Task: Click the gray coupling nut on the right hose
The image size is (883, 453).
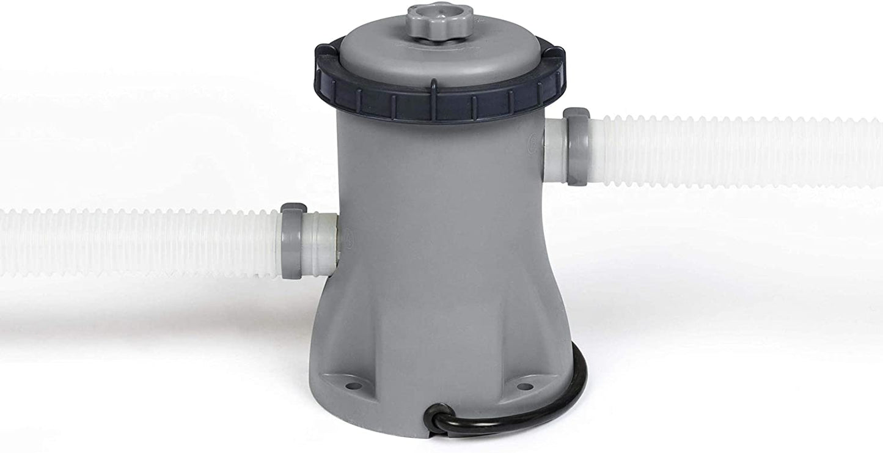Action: point(576,146)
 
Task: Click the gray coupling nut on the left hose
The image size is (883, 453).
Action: point(292,241)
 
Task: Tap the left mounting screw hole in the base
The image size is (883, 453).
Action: point(353,386)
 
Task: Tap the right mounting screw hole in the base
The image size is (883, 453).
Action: point(524,386)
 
